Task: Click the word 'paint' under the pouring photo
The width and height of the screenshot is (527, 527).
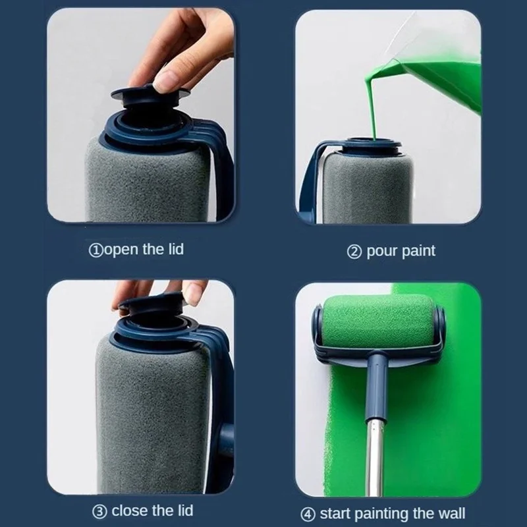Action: (418, 251)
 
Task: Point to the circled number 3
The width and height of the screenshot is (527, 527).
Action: (99, 511)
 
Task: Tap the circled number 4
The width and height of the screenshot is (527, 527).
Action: (308, 513)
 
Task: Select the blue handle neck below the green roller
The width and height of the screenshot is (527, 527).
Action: (378, 382)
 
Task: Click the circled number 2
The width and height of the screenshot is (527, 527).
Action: (354, 252)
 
